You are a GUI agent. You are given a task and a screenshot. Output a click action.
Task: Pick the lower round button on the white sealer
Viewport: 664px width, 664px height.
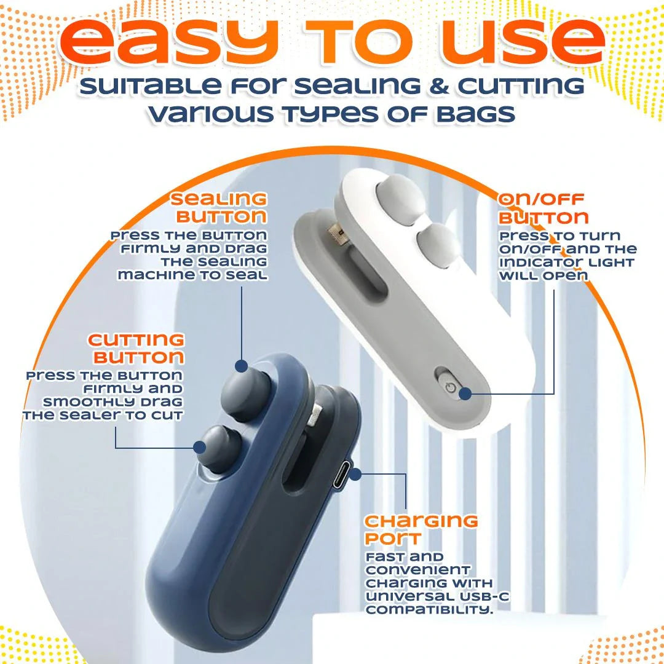coord(438,245)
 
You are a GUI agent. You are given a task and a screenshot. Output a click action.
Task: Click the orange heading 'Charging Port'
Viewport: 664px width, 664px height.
coord(421,529)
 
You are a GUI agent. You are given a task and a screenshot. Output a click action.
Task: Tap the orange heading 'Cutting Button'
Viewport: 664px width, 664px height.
coord(136,349)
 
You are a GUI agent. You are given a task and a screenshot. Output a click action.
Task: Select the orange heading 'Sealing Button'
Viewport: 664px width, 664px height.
coord(218,208)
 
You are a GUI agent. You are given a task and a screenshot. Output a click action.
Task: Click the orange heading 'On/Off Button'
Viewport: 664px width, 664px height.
coord(543,208)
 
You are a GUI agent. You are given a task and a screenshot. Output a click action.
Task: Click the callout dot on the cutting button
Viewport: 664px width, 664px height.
coord(200,447)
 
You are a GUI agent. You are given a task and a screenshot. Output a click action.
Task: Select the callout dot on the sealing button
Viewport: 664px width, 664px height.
coord(242,365)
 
